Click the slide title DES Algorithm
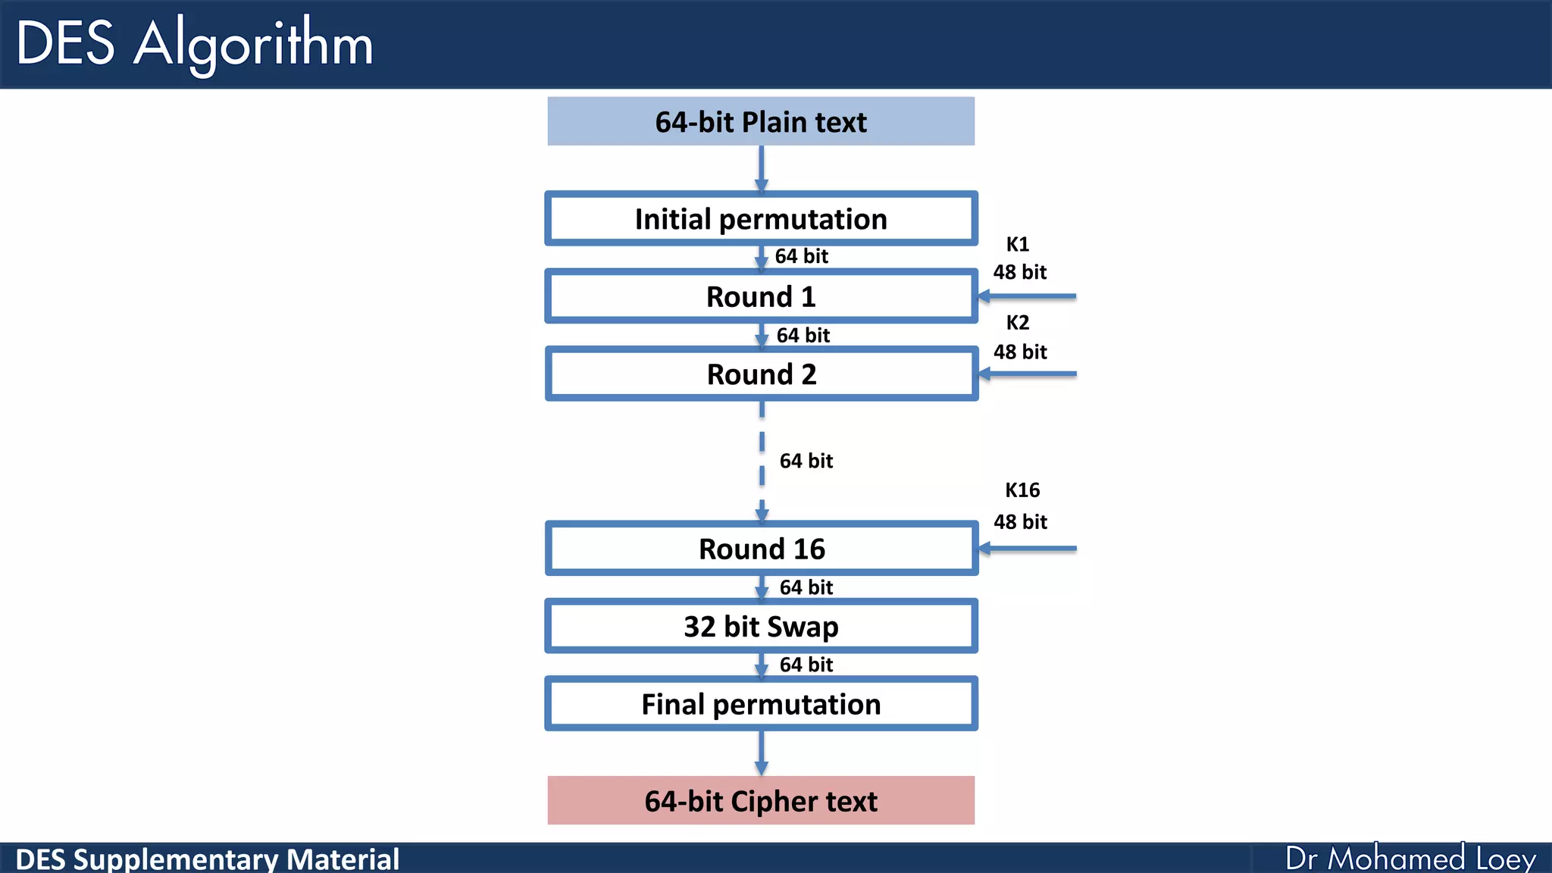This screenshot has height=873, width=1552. click(x=194, y=43)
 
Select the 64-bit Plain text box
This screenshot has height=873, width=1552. click(x=761, y=121)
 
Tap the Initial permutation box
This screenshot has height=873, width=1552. click(x=761, y=219)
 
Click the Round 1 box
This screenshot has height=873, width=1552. click(x=761, y=296)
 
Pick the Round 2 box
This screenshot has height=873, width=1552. click(x=761, y=374)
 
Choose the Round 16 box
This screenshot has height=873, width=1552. click(x=761, y=549)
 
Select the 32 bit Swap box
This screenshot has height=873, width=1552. click(x=761, y=627)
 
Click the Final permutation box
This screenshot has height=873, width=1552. click(x=761, y=704)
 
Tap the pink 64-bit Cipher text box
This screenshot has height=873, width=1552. click(x=761, y=801)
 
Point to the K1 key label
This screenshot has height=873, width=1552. click(x=1017, y=244)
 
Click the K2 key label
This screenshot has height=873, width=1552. click(x=1017, y=323)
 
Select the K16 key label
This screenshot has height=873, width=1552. click(x=1022, y=490)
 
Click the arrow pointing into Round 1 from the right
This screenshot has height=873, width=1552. click(x=1028, y=296)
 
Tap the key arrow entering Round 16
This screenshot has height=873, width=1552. click(x=1028, y=548)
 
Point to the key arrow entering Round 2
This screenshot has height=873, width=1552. click(x=1028, y=374)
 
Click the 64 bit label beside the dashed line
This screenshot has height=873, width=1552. click(x=806, y=461)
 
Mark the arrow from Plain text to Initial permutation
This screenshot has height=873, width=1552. click(x=762, y=169)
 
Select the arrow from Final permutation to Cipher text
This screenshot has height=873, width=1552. click(x=762, y=753)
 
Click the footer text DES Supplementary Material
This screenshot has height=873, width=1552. click(x=207, y=859)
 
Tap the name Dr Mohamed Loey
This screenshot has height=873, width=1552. click(x=1410, y=859)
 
